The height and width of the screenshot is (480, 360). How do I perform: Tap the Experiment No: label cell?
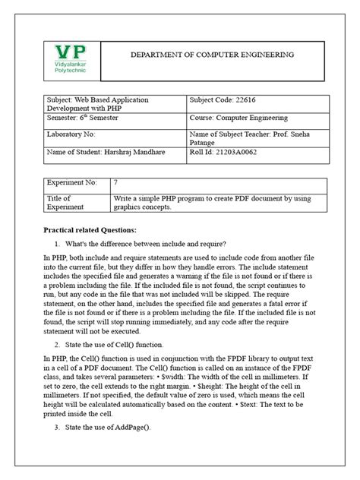(72, 183)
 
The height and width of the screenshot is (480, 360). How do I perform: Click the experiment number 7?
(115, 183)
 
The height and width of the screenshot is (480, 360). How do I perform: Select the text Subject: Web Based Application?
(98, 100)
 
